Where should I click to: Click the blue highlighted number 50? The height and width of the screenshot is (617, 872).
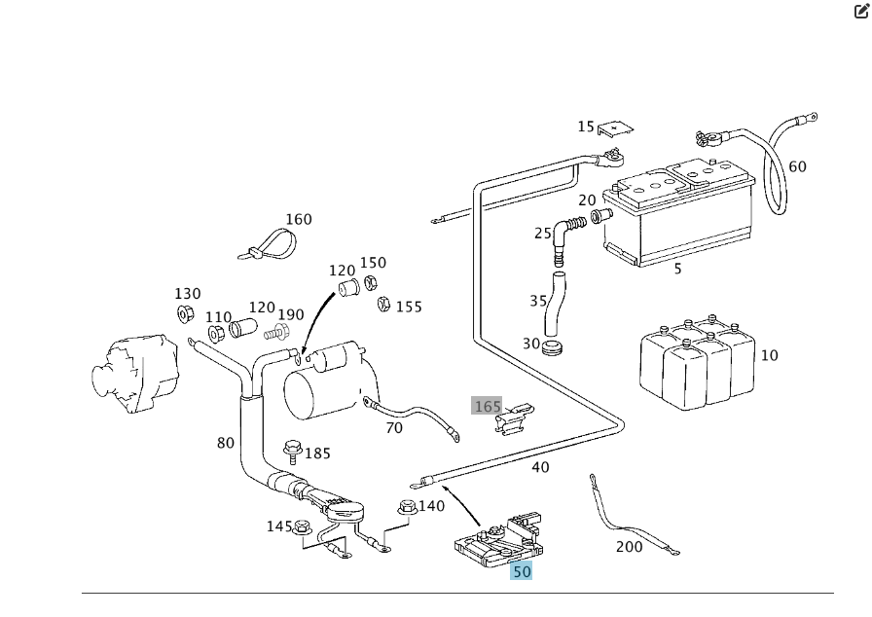[x=522, y=571]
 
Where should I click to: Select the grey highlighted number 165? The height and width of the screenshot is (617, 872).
[x=487, y=406]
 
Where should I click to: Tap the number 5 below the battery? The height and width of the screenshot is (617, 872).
[x=678, y=269]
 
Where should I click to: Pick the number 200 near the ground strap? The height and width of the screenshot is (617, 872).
[x=629, y=547]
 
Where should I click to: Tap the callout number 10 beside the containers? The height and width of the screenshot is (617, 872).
[x=769, y=355]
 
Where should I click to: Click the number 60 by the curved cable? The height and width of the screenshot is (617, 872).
[x=797, y=166]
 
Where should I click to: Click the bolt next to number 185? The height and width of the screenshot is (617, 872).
[x=292, y=452]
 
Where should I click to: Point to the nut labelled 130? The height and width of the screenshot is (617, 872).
[x=184, y=313]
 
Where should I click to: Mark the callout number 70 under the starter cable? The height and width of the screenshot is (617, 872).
[x=393, y=427]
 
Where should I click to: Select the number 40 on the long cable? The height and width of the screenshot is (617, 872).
[x=540, y=467]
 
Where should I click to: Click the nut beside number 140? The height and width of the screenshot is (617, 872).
[x=407, y=507]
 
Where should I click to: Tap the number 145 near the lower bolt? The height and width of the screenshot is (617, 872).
[x=279, y=526]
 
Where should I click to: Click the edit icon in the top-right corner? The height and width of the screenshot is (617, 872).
[x=861, y=12]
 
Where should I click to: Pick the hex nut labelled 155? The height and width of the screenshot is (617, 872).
[x=383, y=305]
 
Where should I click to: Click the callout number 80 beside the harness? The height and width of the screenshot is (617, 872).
[x=226, y=443]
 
